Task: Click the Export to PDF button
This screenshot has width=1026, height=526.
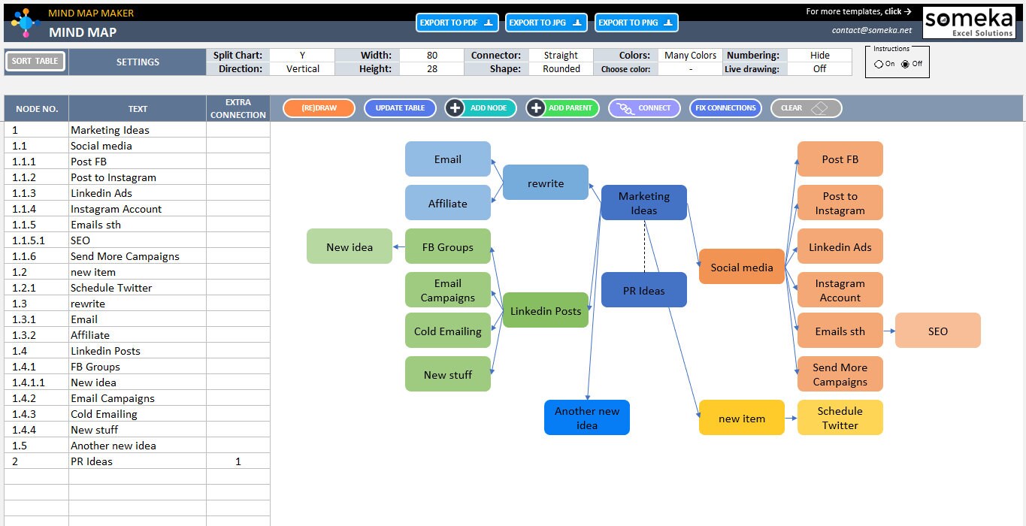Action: (x=456, y=23)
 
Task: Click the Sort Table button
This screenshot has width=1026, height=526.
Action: (x=35, y=62)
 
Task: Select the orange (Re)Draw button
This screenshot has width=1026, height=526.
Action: (x=319, y=108)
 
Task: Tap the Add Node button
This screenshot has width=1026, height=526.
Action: (x=480, y=108)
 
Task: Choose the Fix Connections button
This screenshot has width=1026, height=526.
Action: (x=725, y=108)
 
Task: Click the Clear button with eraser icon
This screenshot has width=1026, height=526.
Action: (x=806, y=108)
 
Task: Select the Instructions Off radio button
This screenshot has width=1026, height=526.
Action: (x=906, y=64)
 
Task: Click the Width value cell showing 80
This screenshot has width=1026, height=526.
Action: (x=431, y=55)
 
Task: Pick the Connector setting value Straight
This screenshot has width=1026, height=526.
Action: (x=561, y=55)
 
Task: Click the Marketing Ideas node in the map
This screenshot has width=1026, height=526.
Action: (x=643, y=203)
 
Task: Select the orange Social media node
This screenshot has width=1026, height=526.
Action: (x=741, y=267)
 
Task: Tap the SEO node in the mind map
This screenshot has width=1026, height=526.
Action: (x=937, y=331)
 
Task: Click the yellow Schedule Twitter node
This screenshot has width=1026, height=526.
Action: (x=840, y=418)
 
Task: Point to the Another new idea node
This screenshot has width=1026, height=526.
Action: (x=586, y=418)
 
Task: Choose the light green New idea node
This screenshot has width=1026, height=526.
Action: (x=350, y=246)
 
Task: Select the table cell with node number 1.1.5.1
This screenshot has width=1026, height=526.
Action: (x=36, y=240)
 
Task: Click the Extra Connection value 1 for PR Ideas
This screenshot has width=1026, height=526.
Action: (x=238, y=461)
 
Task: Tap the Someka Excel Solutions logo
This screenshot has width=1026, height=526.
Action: (x=968, y=23)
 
